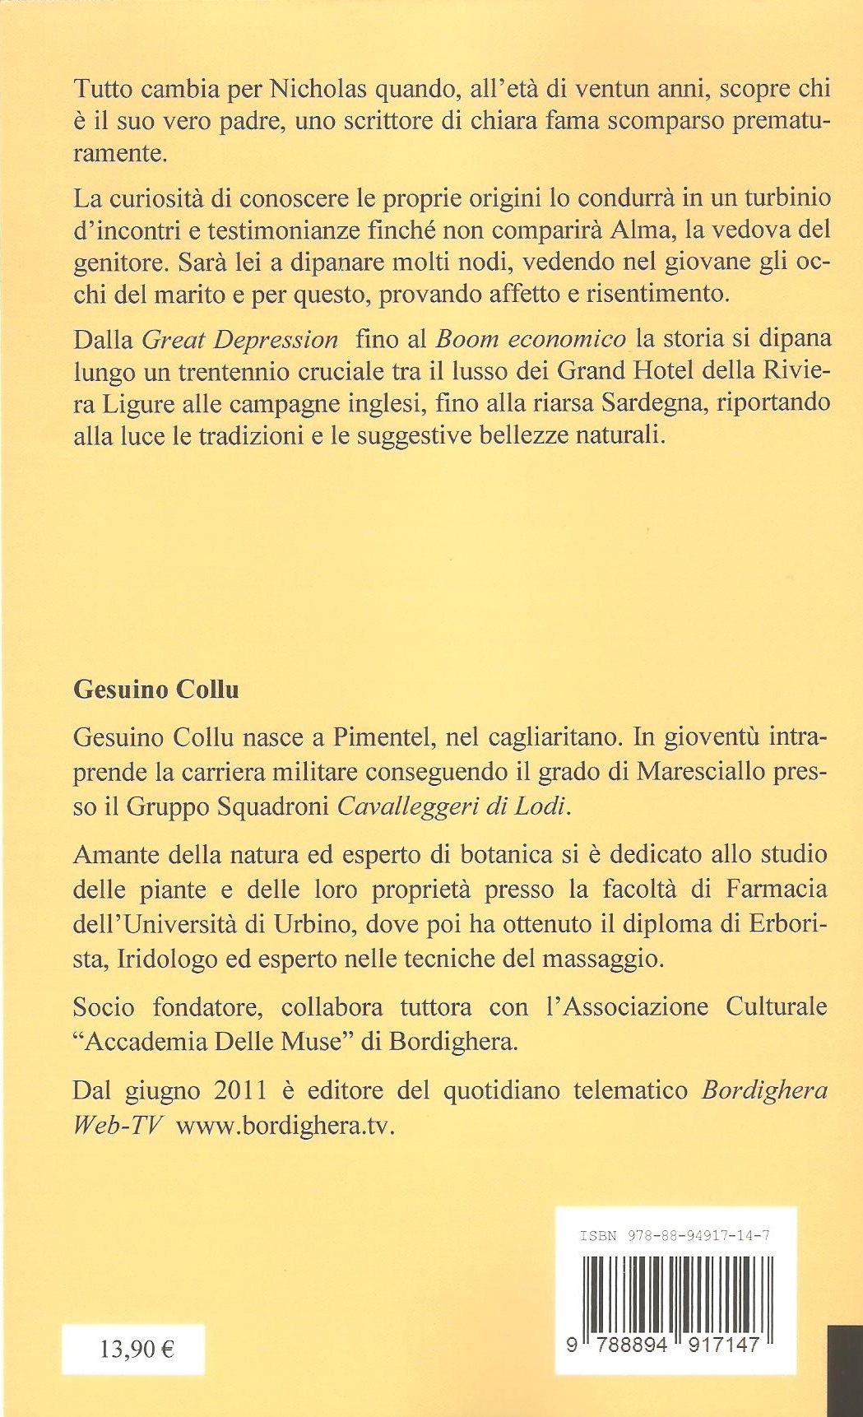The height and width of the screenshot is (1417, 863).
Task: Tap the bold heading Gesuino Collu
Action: [156, 689]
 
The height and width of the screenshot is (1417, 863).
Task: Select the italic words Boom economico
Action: [531, 339]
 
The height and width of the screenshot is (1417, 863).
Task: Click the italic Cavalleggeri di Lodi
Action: [453, 806]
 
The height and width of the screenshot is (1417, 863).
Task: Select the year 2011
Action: [241, 1090]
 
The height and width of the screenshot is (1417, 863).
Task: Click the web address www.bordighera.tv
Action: [285, 1126]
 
